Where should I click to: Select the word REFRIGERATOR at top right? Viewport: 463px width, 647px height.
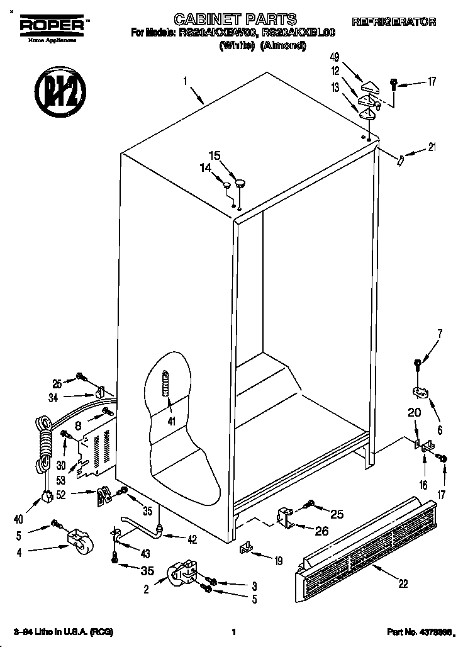394,23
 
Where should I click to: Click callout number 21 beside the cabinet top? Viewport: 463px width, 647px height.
432,148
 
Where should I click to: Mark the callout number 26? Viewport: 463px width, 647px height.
321,531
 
